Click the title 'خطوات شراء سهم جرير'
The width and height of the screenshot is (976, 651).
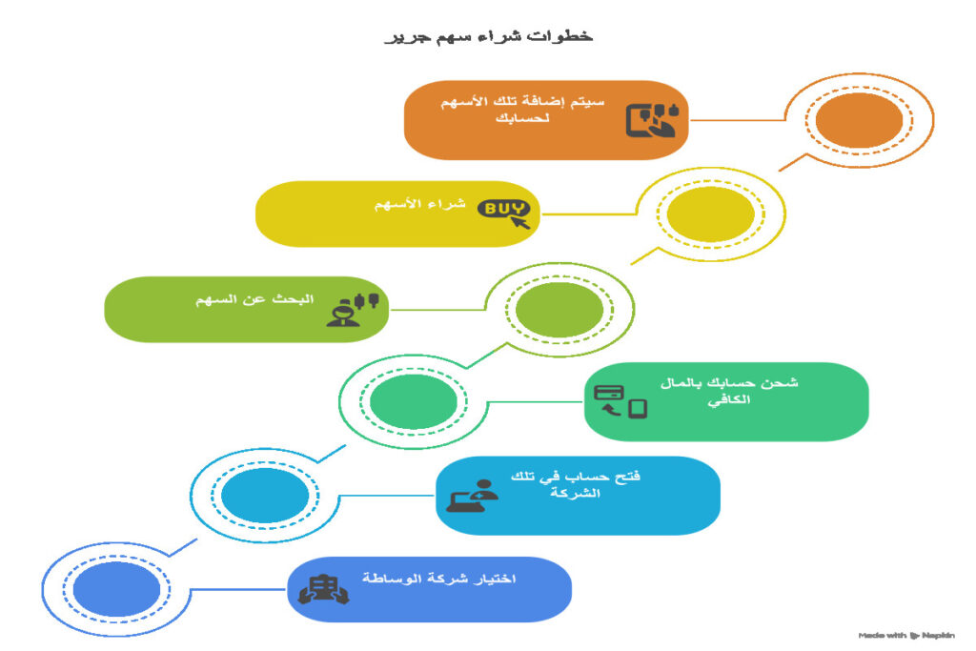pyautogui.click(x=488, y=36)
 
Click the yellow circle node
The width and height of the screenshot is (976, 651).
pyautogui.click(x=710, y=215)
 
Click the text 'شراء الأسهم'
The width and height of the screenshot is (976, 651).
pyautogui.click(x=419, y=206)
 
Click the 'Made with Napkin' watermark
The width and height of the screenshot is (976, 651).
pyautogui.click(x=906, y=635)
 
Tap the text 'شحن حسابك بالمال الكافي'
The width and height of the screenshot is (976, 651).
pyautogui.click(x=728, y=392)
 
